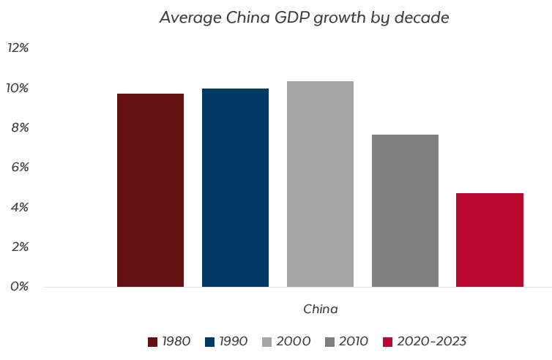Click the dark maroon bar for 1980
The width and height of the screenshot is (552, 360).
coord(150,190)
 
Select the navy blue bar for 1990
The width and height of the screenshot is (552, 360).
coord(235,187)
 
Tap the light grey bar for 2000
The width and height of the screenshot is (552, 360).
coord(320,184)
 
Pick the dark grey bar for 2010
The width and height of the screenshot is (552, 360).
coord(405,210)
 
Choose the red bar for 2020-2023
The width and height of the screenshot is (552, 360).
coord(490,239)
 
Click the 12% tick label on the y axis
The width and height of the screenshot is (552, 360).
coord(18,48)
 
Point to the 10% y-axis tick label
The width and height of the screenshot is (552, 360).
coord(18,88)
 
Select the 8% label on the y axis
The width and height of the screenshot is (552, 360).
coord(19,127)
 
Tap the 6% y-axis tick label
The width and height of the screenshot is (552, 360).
coord(19,167)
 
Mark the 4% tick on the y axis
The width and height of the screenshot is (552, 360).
coord(19,207)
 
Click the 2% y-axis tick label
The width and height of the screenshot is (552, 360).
coord(19,247)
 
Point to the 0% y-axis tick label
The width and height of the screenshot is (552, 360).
coord(19,286)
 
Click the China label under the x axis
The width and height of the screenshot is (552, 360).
coord(321,309)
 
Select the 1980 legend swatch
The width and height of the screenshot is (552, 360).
coord(153,342)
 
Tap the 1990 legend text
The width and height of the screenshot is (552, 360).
coord(233,341)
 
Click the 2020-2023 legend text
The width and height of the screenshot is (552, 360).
coord(432,341)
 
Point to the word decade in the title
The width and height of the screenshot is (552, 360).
coord(420,18)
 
